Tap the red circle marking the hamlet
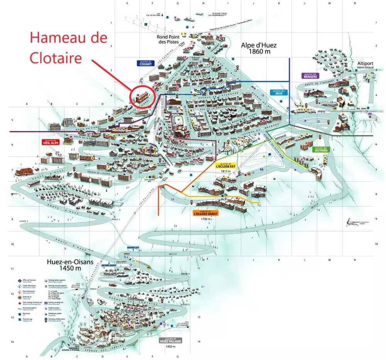pyautogui.click(x=142, y=95)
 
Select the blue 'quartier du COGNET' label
pyautogui.click(x=146, y=63)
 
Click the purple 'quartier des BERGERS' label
pyautogui.click(x=310, y=75)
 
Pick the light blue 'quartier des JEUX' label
pyautogui.click(x=278, y=92)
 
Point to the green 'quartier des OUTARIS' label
pyautogui.click(x=320, y=149)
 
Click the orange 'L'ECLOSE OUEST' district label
pyautogui.click(x=205, y=213)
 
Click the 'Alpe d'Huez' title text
pyautogui.click(x=259, y=48)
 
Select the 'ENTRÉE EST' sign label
pyautogui.click(x=132, y=247)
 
